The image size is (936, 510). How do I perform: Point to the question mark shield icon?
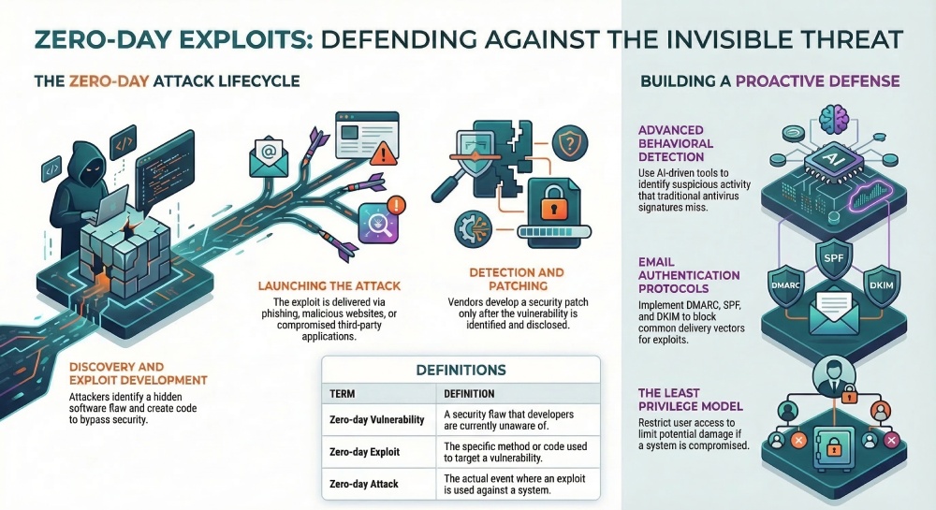pos(567,145)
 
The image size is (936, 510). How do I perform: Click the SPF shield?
pos(831,257)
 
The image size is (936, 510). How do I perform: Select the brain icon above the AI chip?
pos(831,122)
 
